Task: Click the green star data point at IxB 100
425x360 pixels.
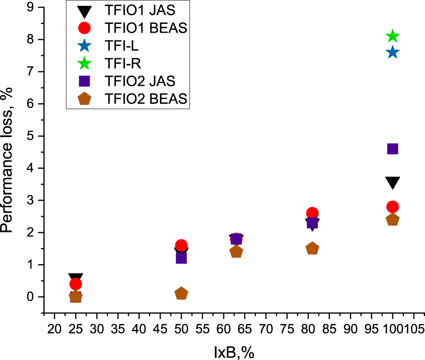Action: click(x=393, y=36)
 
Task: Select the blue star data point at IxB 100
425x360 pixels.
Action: click(x=393, y=52)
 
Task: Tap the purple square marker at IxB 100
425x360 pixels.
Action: click(x=393, y=149)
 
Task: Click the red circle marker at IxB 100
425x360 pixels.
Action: click(x=393, y=207)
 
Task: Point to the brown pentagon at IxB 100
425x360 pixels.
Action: click(x=393, y=220)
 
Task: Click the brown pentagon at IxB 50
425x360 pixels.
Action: click(x=181, y=293)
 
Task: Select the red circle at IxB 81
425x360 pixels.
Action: click(x=312, y=213)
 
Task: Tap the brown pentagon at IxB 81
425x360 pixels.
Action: click(x=312, y=248)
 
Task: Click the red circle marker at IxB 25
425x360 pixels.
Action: click(x=76, y=284)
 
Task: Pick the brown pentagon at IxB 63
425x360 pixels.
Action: click(x=236, y=252)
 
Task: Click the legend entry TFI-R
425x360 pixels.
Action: click(x=123, y=63)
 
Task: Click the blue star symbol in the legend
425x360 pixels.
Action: click(x=84, y=46)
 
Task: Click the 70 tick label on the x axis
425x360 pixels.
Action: click(x=266, y=329)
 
